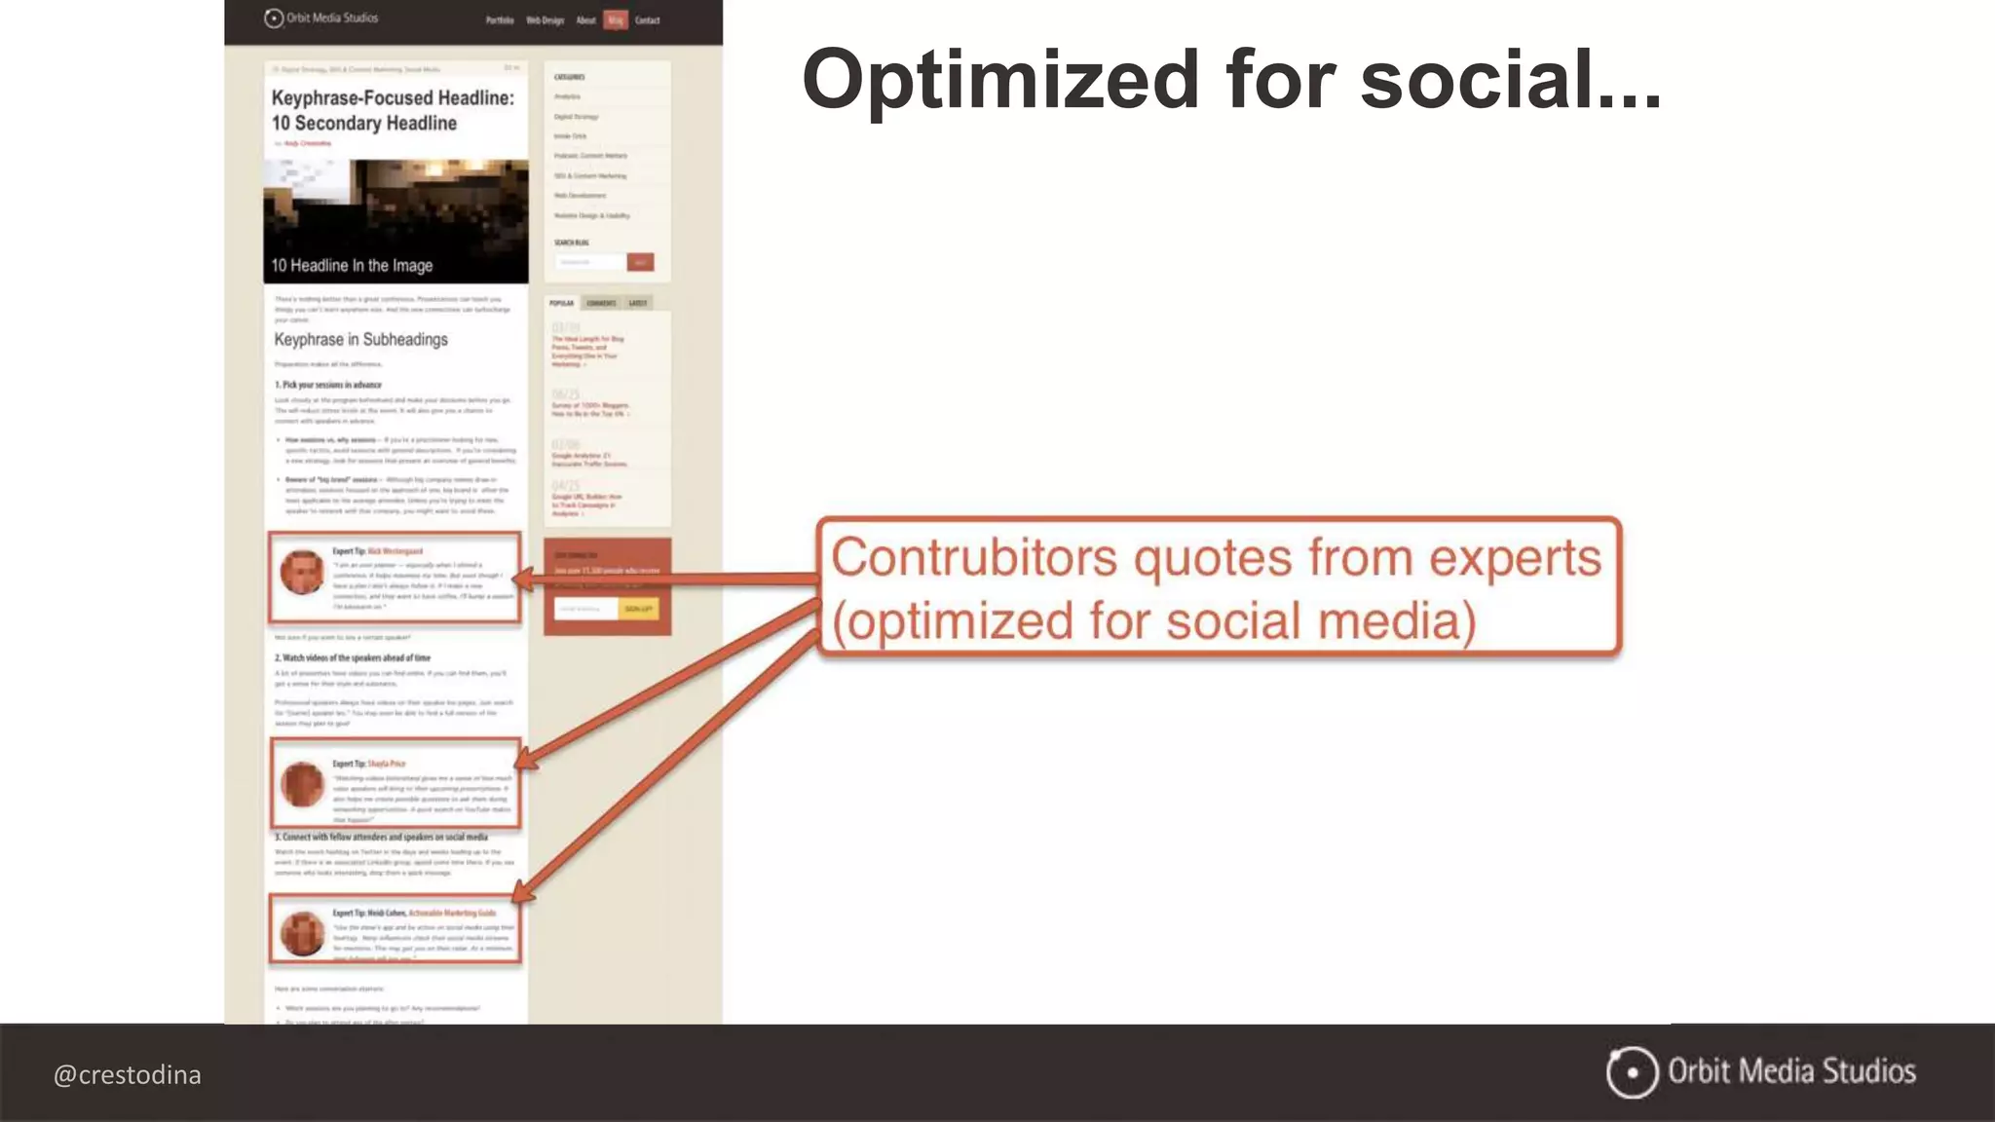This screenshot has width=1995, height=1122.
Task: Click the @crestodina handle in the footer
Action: [x=128, y=1075]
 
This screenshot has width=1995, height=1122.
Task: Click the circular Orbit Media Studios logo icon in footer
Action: [x=1632, y=1072]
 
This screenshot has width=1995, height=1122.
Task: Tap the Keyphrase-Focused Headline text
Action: [x=393, y=97]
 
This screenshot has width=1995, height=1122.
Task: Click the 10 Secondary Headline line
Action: [x=364, y=124]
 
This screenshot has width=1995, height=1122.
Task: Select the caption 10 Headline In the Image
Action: [x=352, y=265]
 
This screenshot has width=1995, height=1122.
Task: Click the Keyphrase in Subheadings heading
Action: [x=360, y=339]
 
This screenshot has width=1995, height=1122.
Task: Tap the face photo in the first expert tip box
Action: [x=302, y=572]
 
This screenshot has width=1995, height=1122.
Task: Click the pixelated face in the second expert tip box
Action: [x=302, y=783]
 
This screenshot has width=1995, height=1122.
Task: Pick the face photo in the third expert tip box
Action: [x=302, y=932]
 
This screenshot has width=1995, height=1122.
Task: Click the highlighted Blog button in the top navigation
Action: [x=616, y=19]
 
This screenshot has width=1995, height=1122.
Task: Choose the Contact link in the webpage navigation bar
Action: [x=647, y=19]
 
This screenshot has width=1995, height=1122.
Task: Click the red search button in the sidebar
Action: [x=640, y=262]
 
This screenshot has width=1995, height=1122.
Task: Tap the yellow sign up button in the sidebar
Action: [x=638, y=609]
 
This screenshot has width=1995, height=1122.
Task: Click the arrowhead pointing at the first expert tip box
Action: [x=522, y=580]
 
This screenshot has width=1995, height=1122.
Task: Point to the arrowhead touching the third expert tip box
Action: [x=522, y=890]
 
